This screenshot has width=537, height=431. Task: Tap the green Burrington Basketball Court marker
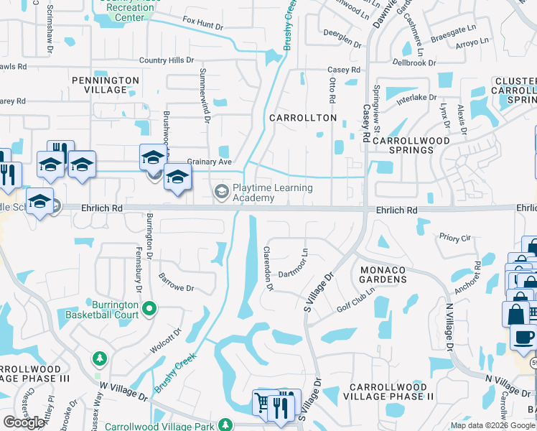point(149,310)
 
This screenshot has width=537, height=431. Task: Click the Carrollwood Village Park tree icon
point(227,425)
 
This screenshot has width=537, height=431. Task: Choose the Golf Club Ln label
point(354,299)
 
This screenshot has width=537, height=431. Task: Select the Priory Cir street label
point(455,237)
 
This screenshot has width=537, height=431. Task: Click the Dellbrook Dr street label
point(414,63)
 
